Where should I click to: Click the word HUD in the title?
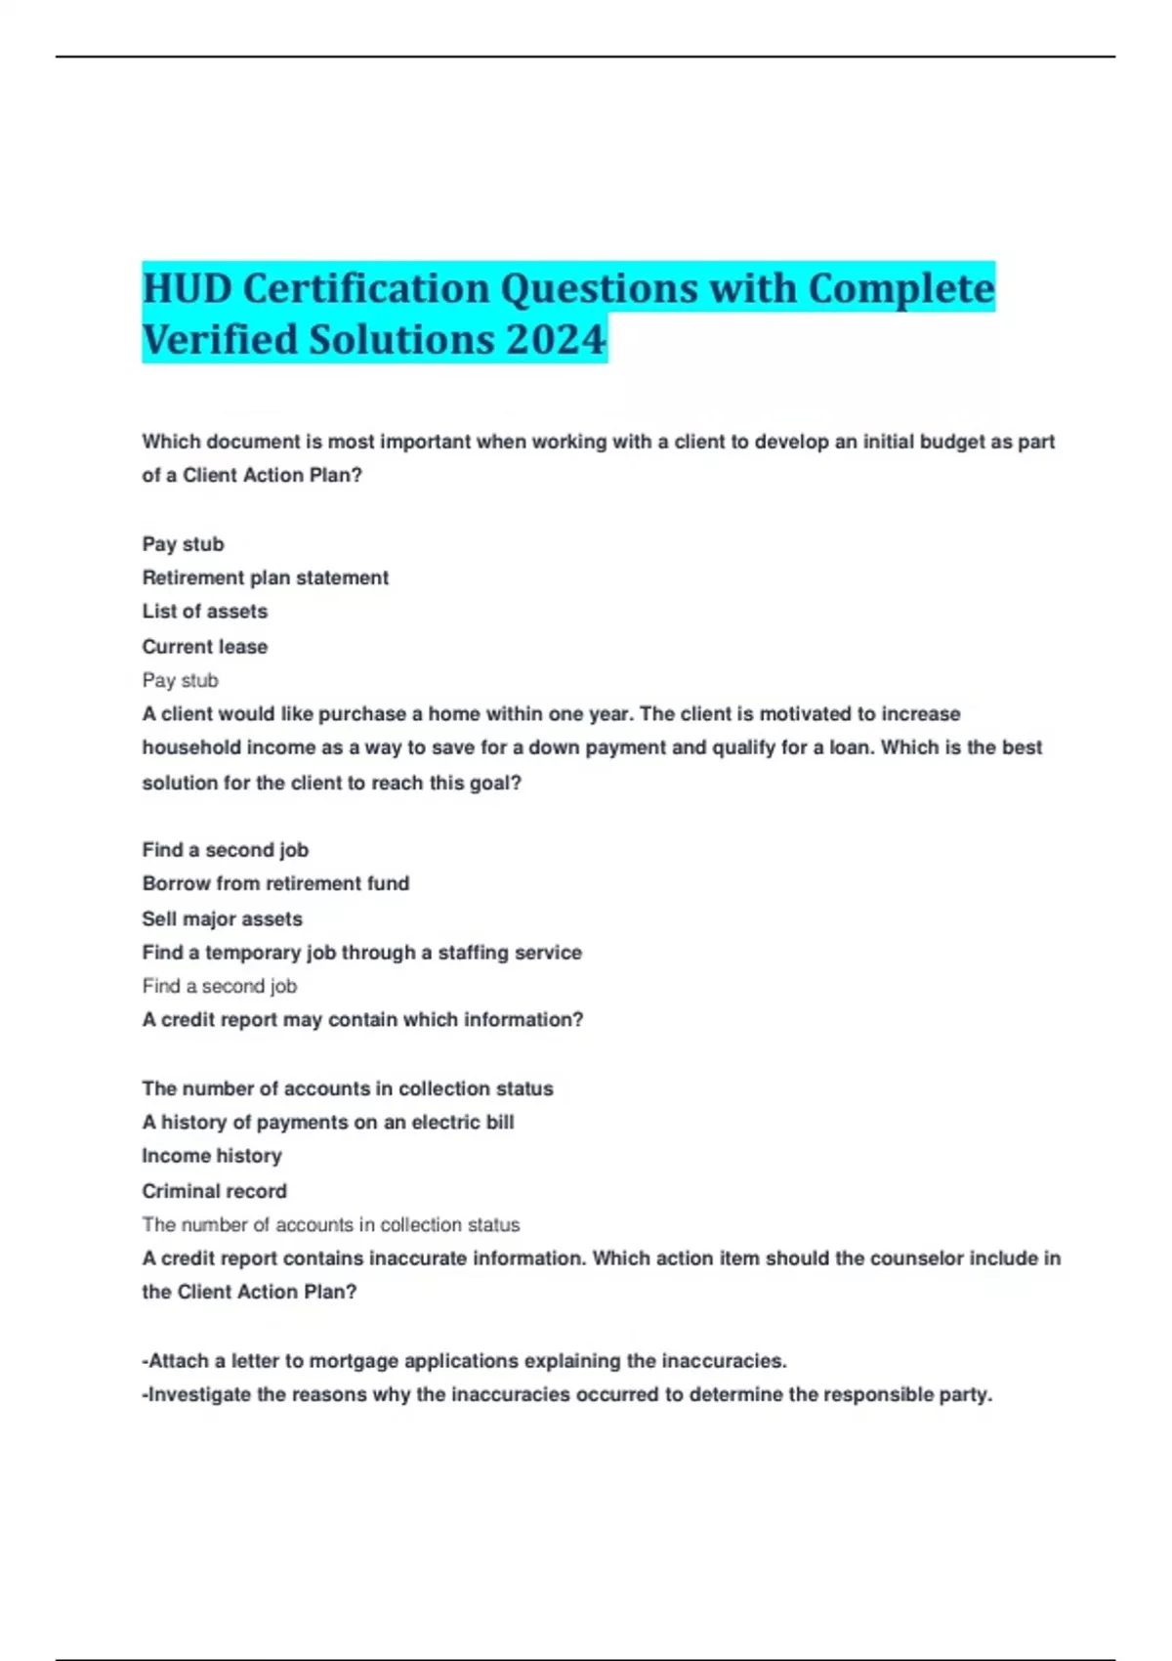click(x=187, y=288)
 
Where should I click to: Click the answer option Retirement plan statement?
click(x=265, y=577)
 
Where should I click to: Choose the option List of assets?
click(x=204, y=612)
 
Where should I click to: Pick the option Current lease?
click(x=204, y=646)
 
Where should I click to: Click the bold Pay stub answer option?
click(x=183, y=544)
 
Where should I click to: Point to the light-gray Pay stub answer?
click(x=180, y=680)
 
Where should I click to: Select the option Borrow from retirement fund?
click(x=275, y=883)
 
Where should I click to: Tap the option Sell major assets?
click(x=222, y=918)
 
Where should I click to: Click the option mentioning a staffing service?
click(x=361, y=953)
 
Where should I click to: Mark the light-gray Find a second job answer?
click(x=219, y=986)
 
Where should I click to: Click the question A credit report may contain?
click(x=362, y=1020)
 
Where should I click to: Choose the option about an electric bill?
click(x=327, y=1123)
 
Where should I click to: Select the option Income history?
click(x=211, y=1156)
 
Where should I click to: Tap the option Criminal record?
click(x=214, y=1191)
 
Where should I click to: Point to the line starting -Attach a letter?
click(x=464, y=1361)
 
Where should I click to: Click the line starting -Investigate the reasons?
click(x=566, y=1394)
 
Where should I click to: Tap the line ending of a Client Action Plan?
click(x=251, y=476)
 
